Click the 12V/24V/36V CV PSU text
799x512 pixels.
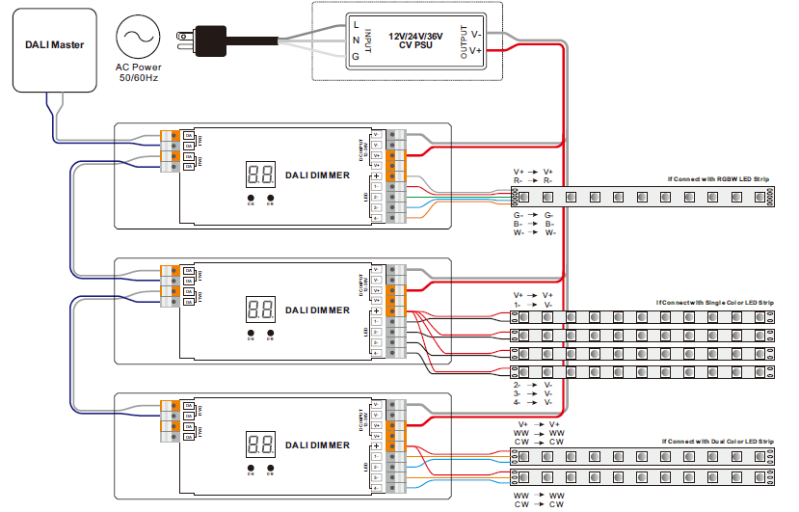tap(418, 40)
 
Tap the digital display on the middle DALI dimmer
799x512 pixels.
tap(259, 310)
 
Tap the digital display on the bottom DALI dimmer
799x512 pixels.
tap(259, 445)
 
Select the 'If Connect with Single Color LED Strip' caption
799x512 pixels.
tap(714, 303)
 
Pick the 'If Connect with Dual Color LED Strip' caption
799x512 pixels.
tap(717, 441)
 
